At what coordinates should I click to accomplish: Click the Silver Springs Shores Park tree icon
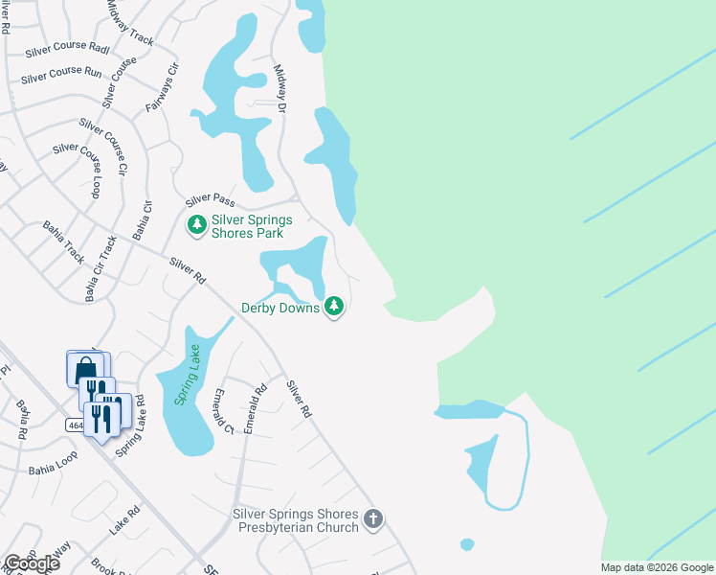[x=196, y=225]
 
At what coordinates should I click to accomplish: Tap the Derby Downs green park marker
[x=334, y=307]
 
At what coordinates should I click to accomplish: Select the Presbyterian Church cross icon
[x=373, y=519]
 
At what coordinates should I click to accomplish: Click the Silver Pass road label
[x=210, y=199]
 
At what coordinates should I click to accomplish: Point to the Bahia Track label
[x=63, y=241]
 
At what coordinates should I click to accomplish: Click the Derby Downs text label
[x=280, y=308]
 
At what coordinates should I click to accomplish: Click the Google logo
[x=32, y=563]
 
